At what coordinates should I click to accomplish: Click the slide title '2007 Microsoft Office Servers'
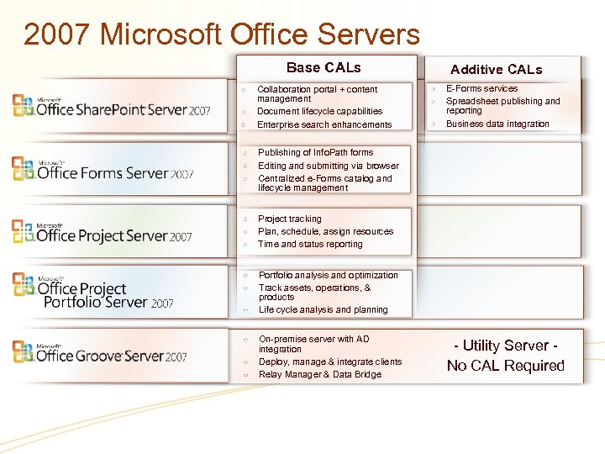tap(222, 34)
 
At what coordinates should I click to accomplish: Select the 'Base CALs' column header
tap(324, 67)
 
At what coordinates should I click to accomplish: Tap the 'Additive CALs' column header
tap(496, 70)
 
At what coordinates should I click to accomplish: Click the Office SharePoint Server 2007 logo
tap(111, 106)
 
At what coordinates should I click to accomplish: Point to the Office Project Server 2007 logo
tap(102, 232)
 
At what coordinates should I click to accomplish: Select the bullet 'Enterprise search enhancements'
tap(324, 124)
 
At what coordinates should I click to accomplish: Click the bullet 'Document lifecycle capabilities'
tap(319, 111)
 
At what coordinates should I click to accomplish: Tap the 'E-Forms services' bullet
tap(481, 88)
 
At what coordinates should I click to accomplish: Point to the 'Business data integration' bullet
tap(497, 124)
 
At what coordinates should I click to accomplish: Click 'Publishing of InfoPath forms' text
tap(315, 152)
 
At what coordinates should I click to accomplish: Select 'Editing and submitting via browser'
tap(328, 166)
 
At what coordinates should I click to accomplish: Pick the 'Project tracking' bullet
tap(289, 219)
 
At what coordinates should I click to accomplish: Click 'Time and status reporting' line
tap(310, 244)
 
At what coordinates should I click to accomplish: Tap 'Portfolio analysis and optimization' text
tap(328, 275)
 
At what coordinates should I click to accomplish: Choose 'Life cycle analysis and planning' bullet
tap(323, 309)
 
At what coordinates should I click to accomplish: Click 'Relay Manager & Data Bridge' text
tap(319, 374)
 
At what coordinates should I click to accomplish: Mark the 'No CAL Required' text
tap(505, 366)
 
